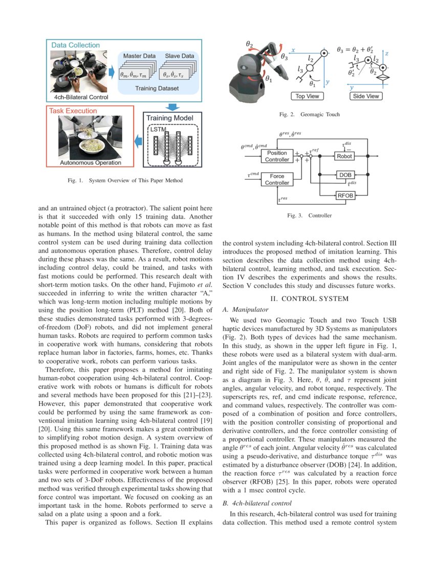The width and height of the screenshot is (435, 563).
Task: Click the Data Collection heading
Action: coord(75,46)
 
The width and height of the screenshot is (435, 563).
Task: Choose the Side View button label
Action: coord(366,96)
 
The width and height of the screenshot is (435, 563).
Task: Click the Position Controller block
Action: coord(277,156)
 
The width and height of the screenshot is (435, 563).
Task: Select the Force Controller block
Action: coord(277,180)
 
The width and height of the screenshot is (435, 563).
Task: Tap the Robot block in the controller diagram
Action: coord(344,156)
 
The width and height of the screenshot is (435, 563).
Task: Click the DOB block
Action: coord(344,175)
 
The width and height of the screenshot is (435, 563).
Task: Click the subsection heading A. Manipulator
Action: coord(245,310)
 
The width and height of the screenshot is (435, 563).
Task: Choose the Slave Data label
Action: coord(179,55)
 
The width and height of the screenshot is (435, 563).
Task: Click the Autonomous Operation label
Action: coord(91,163)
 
